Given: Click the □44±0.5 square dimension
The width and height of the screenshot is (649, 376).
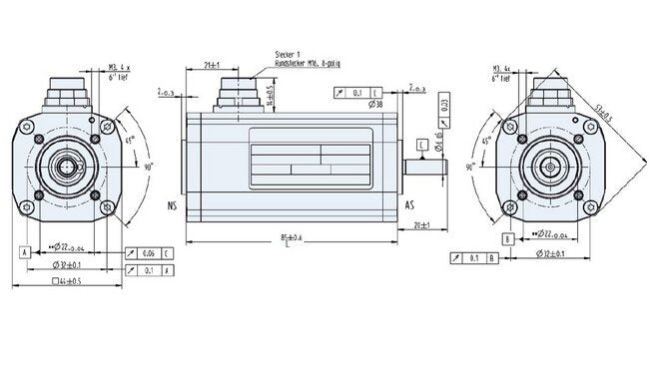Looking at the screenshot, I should (65, 283).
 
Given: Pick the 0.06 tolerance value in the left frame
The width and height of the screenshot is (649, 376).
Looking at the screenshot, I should (148, 253).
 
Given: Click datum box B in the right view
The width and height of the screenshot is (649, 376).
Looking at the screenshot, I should (509, 239).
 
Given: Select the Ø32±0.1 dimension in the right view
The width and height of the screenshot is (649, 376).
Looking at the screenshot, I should (554, 255).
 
